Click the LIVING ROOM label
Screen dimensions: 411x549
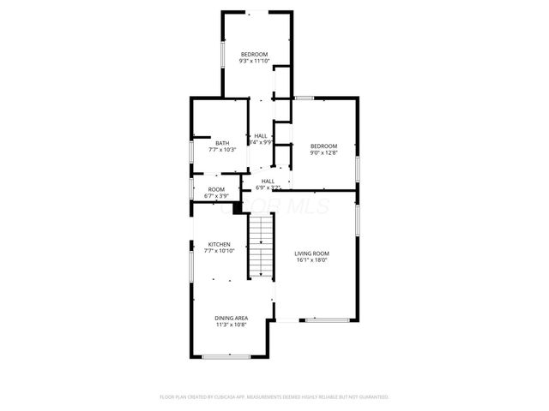click(311, 253)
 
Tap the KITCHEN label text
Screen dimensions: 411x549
click(218, 244)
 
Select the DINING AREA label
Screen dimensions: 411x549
click(231, 319)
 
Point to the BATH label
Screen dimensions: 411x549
click(222, 143)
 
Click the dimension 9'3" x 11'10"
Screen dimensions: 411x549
click(255, 61)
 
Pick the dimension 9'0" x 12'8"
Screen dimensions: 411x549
click(323, 152)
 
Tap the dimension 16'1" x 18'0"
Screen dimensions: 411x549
click(311, 260)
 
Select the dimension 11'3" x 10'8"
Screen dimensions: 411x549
click(231, 325)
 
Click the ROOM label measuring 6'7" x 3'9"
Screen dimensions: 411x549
click(216, 189)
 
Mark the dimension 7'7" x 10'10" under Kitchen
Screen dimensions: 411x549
click(218, 251)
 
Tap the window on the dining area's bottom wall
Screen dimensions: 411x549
click(226, 356)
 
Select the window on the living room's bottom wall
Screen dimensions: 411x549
click(326, 320)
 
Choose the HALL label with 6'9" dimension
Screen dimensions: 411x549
click(268, 181)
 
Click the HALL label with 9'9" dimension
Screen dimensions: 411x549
click(260, 135)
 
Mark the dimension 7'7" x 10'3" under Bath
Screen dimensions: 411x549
click(222, 150)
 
